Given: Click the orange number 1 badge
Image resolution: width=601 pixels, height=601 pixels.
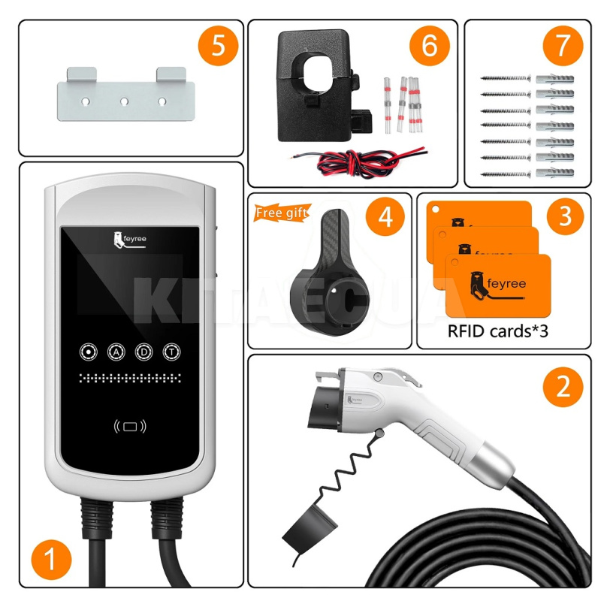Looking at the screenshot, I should pyautogui.click(x=52, y=559).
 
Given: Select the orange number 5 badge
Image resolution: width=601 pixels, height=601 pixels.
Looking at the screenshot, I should pyautogui.click(x=218, y=46).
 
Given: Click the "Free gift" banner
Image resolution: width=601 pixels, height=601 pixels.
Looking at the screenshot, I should pyautogui.click(x=282, y=213).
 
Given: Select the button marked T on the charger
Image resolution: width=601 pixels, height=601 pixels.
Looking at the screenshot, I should pyautogui.click(x=171, y=352).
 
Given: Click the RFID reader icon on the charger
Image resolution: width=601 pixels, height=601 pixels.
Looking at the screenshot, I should pyautogui.click(x=130, y=427).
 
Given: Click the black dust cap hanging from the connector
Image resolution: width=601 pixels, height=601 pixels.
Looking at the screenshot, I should pyautogui.click(x=305, y=530).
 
